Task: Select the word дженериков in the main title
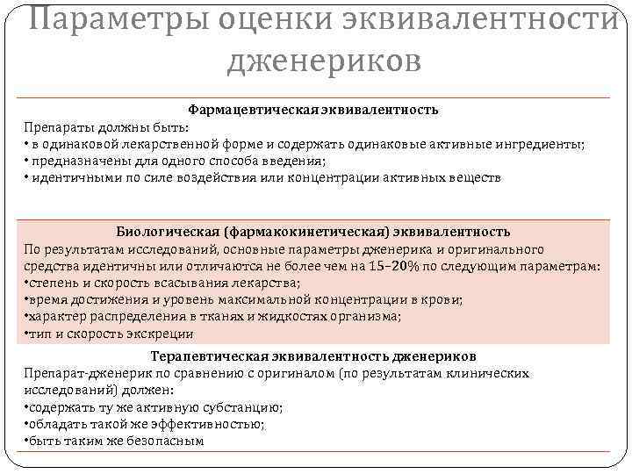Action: coord(324,61)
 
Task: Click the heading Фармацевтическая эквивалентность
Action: coord(313,111)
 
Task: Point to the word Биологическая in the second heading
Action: coord(168,232)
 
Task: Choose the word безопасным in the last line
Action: coord(163,441)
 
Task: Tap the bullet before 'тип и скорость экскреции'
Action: coord(26,334)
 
